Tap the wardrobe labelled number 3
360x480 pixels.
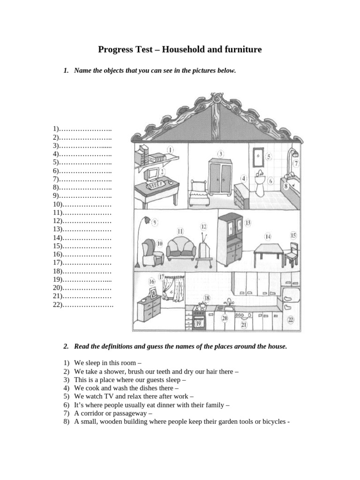click(220, 178)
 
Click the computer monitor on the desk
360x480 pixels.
click(153, 175)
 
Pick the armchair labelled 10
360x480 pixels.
click(151, 252)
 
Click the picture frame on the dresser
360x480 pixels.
click(153, 293)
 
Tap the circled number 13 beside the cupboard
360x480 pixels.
click(248, 222)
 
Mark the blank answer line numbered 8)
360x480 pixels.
click(82, 187)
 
